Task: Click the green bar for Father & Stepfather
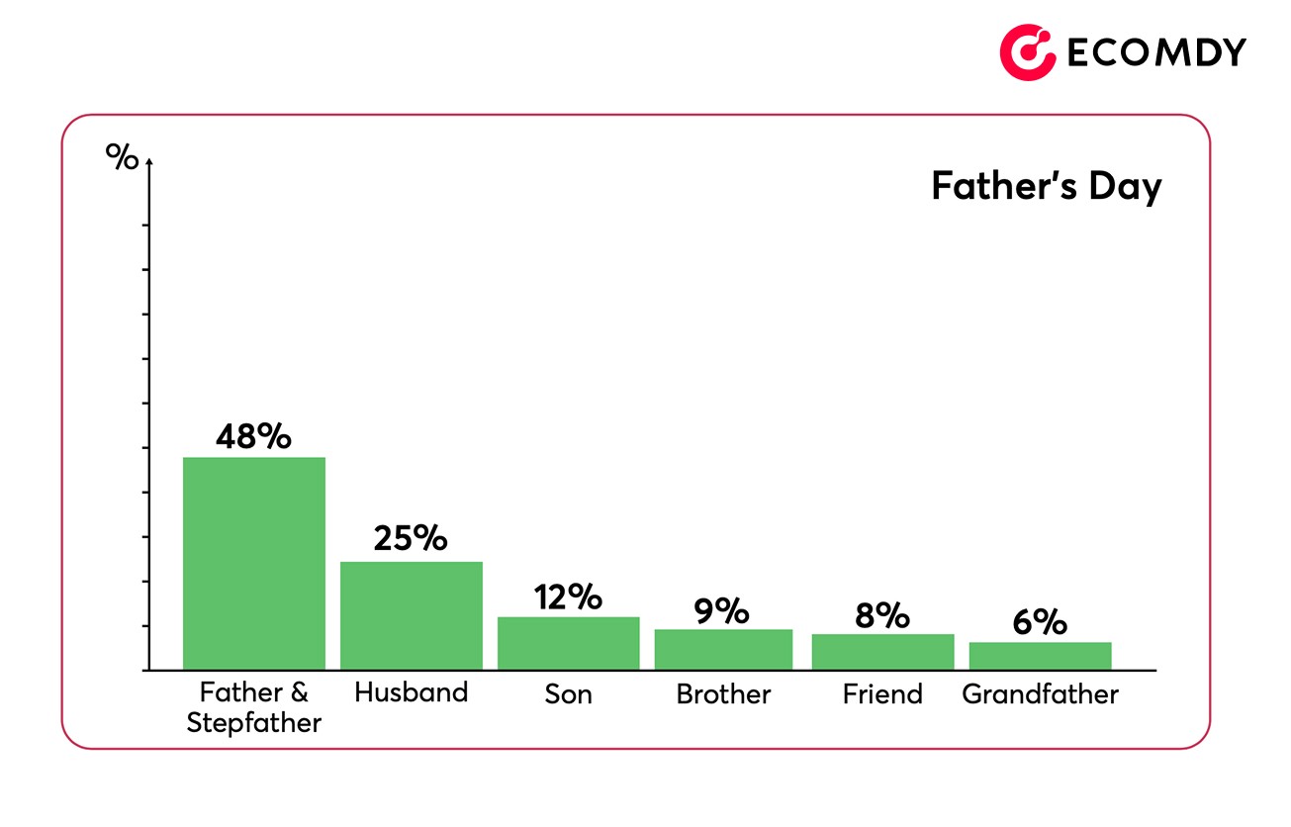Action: [254, 563]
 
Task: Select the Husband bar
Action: [412, 615]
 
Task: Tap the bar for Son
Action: [568, 643]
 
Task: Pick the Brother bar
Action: [723, 649]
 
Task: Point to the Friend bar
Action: [882, 652]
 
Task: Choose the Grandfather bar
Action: [1040, 656]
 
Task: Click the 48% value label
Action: [253, 436]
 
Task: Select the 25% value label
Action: [411, 538]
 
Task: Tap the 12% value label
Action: [568, 597]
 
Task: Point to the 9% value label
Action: [721, 611]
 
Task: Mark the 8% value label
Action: [881, 616]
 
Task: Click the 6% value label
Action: [1040, 623]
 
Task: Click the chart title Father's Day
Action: [1046, 186]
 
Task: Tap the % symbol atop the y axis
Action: [123, 157]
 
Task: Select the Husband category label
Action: [411, 692]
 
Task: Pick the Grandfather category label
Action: [1040, 694]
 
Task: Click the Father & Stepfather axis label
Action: [254, 707]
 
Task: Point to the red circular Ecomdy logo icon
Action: [1028, 52]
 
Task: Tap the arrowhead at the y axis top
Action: [148, 161]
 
